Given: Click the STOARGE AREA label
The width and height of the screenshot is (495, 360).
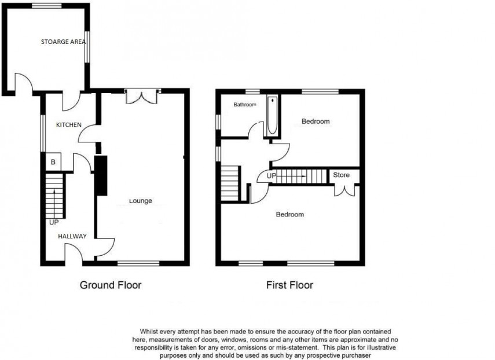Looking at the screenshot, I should [x=64, y=42].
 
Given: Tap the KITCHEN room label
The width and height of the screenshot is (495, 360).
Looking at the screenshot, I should [x=68, y=125].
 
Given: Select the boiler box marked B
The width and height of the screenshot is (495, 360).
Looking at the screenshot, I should [x=53, y=163].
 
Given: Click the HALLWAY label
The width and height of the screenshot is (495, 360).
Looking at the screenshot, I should [x=72, y=236].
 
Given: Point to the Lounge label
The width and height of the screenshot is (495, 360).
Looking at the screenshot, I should [x=141, y=201].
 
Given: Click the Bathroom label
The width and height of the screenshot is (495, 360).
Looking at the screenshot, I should [x=244, y=105].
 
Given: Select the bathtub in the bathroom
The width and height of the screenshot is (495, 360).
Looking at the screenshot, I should [x=272, y=116].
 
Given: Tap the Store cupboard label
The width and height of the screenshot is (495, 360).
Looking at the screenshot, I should [x=341, y=175].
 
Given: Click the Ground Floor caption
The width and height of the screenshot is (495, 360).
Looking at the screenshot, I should [x=110, y=285].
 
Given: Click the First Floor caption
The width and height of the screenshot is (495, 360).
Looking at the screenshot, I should [x=289, y=285].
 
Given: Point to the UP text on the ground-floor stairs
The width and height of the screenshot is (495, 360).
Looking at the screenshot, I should [x=54, y=222].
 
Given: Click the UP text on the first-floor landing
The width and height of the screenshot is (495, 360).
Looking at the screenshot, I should [x=271, y=175].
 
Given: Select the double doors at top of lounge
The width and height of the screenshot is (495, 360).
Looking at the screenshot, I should [x=142, y=97].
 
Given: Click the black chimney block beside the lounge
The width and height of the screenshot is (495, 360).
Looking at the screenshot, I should [x=101, y=175].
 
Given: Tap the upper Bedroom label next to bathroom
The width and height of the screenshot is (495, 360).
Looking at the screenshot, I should [x=316, y=122].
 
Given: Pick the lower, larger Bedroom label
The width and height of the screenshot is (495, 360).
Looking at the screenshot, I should [x=289, y=215].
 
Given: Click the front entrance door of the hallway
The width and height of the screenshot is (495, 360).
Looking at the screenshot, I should [x=74, y=253].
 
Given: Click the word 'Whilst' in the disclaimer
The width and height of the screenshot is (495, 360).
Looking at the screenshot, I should [x=143, y=330].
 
